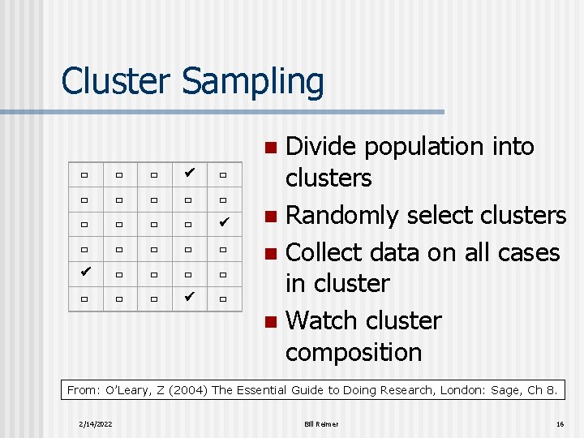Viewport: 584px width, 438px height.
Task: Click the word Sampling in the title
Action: click(x=253, y=83)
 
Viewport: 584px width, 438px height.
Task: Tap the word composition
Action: click(x=354, y=352)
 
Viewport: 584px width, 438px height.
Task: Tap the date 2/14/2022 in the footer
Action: click(x=97, y=424)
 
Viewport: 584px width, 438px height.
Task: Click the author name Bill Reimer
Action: click(x=321, y=424)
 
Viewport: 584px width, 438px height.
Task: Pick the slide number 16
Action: click(x=560, y=424)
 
